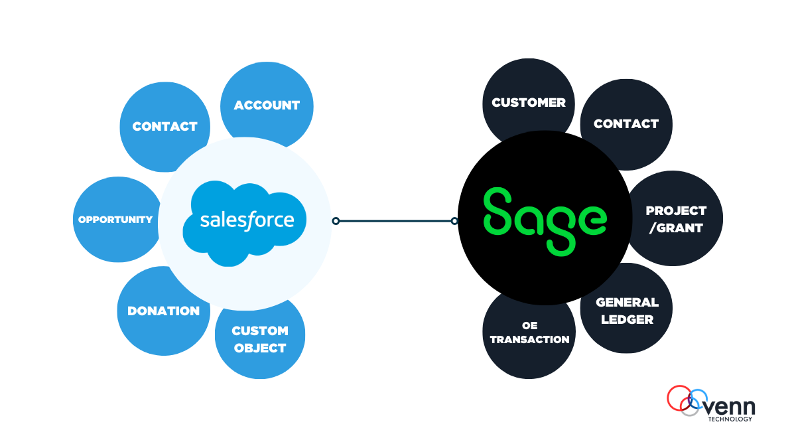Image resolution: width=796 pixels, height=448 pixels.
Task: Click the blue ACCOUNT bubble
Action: tap(267, 105)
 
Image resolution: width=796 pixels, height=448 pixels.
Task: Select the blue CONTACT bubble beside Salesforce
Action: tap(165, 126)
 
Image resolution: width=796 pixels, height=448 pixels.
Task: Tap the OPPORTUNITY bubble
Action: tap(115, 220)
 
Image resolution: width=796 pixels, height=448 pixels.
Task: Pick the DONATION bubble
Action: tap(163, 311)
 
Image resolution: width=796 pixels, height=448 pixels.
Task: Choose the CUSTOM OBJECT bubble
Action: tap(260, 339)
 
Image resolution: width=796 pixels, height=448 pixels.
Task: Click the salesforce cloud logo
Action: tap(246, 222)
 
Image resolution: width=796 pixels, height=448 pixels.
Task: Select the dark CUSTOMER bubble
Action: tap(528, 102)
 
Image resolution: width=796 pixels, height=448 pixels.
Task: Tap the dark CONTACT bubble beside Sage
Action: tap(626, 123)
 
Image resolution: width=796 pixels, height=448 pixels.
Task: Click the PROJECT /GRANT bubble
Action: tap(676, 219)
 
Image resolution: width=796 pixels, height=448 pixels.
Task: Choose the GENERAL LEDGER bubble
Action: tap(627, 311)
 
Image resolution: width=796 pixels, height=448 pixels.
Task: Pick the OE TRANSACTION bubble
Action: tap(529, 333)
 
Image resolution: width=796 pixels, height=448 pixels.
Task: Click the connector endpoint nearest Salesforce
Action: tap(336, 221)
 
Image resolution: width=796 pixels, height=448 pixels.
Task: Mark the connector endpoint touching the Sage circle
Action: tap(454, 221)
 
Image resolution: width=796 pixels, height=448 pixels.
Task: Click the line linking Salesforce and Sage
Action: tap(395, 221)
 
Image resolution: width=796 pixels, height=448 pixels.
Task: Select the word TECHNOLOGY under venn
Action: tap(730, 419)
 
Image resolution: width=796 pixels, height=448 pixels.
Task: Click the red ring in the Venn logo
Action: tap(678, 398)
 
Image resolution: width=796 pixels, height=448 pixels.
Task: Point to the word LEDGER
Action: tap(627, 319)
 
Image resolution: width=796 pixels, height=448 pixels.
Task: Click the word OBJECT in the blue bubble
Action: tap(260, 348)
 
